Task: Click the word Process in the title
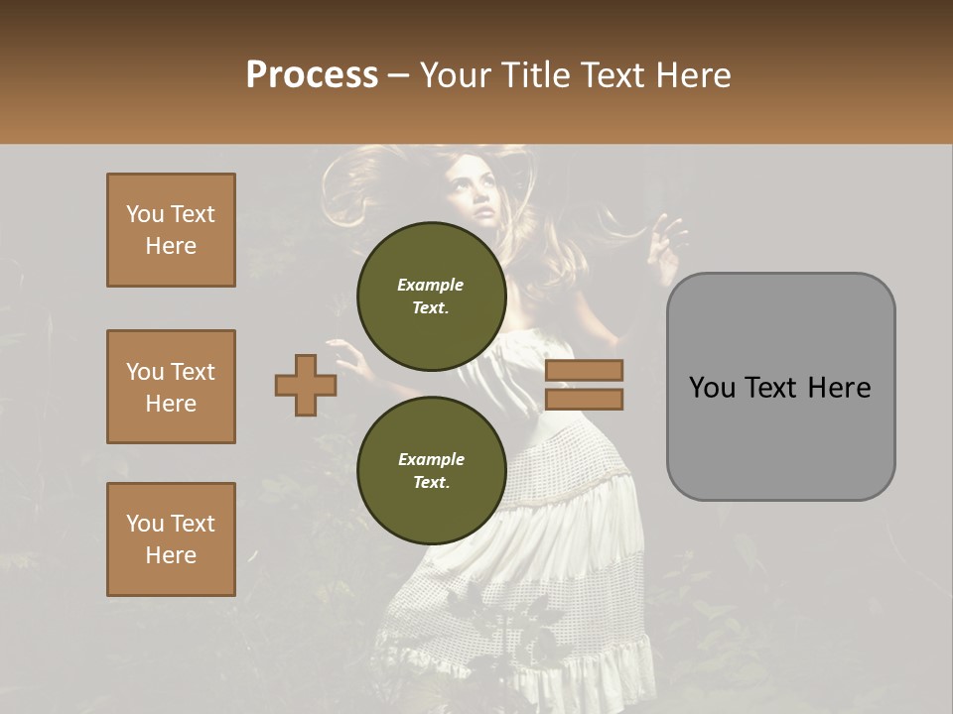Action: coord(312,74)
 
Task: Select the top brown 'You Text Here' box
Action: coord(171,230)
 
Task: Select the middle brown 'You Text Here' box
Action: coord(171,387)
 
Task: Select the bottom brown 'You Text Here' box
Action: coord(171,539)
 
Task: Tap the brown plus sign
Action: coord(306,385)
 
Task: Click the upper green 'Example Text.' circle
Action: coord(431,296)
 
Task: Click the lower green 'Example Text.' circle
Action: coord(431,470)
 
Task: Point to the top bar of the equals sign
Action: coord(584,370)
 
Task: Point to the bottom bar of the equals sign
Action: coord(584,399)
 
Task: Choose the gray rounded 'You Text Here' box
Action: coord(780,387)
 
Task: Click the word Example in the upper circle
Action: coord(431,285)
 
